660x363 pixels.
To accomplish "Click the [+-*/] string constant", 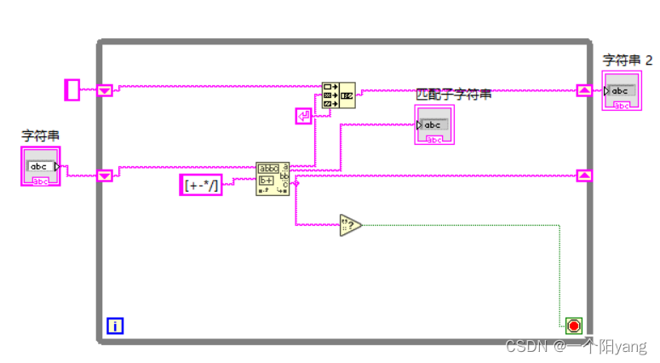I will click(x=201, y=184).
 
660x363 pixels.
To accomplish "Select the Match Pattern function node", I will click(x=273, y=179).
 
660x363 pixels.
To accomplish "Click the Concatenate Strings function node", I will click(x=338, y=95).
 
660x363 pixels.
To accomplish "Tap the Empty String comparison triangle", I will click(x=350, y=225).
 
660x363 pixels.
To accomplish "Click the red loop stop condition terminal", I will click(x=573, y=326).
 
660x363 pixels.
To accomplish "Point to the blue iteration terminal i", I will click(x=115, y=325).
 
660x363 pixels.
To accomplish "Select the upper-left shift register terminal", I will click(x=105, y=89).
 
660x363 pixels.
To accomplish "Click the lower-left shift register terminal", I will click(x=105, y=176).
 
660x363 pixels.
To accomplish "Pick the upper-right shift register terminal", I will click(x=584, y=89).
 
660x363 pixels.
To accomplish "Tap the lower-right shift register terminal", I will click(x=584, y=176).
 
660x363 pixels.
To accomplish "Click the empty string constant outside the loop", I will click(x=72, y=89).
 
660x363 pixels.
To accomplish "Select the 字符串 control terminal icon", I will click(x=40, y=166).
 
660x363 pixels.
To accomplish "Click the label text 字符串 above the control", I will click(x=40, y=135).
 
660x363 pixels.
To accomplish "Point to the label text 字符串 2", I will click(x=628, y=60).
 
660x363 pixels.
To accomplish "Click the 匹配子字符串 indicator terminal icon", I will click(x=434, y=124).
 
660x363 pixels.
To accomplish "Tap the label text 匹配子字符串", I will click(x=453, y=94).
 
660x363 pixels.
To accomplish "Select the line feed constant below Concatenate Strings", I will click(x=304, y=116).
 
